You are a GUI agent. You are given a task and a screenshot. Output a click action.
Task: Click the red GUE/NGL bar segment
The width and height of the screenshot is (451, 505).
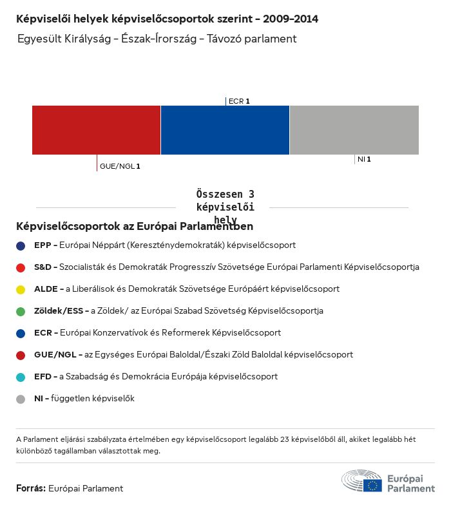(x=96, y=130)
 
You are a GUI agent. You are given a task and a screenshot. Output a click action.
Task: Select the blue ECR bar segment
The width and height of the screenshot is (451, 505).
(x=225, y=130)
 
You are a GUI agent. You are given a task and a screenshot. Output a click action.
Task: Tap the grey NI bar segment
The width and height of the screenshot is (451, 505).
(x=354, y=130)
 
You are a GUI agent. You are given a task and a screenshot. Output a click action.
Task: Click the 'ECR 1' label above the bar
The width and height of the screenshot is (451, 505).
(x=239, y=101)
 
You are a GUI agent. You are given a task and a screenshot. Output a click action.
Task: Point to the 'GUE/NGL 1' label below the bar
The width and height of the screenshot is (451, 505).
(x=120, y=166)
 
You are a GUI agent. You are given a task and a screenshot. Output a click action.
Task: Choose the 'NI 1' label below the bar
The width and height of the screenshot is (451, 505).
(x=364, y=159)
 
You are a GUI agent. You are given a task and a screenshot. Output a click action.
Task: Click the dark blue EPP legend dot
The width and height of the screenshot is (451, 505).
(x=21, y=245)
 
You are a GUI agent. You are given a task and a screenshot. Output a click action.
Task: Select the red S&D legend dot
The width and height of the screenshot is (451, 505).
(x=21, y=267)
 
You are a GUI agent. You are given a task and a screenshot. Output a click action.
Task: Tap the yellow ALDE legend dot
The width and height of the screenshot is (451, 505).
(x=21, y=289)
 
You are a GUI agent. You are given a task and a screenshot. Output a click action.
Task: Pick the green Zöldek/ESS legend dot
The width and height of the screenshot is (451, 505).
(x=21, y=311)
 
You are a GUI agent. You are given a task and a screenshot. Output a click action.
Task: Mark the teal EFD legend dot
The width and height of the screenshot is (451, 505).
(x=21, y=377)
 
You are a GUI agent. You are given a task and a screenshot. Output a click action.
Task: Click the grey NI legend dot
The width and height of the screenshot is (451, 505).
(x=21, y=399)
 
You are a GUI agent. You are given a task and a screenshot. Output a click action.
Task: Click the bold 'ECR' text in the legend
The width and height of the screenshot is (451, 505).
(x=43, y=333)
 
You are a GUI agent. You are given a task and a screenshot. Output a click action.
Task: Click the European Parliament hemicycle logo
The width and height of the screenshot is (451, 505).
(x=361, y=481)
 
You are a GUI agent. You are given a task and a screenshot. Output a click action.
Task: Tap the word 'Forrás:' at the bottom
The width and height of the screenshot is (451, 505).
(x=31, y=488)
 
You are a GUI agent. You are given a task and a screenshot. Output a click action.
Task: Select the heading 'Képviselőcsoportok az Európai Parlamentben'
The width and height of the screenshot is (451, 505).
(x=135, y=227)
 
